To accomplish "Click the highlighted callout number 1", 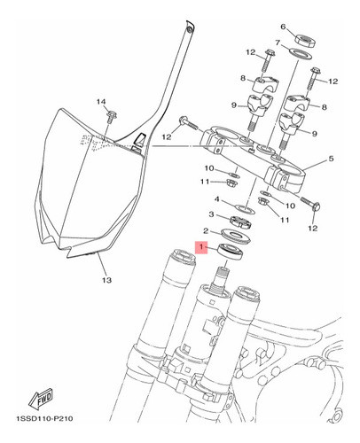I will pos(202,249).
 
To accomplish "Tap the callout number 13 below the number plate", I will pos(106,283).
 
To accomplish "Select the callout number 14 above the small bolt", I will pos(100,102).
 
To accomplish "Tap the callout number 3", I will pos(211,214).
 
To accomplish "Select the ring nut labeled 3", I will pos(242,219).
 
